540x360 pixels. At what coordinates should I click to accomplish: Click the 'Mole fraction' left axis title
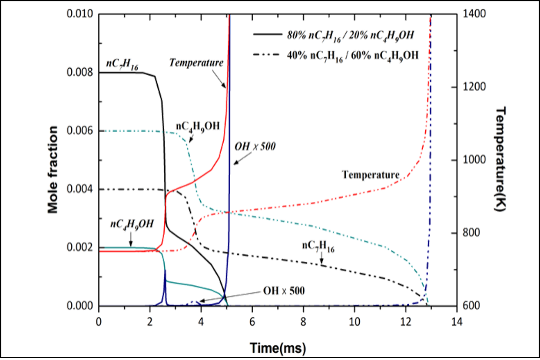53,169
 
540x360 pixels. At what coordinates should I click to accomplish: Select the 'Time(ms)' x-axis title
278,347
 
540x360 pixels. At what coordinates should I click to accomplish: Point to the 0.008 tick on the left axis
83,72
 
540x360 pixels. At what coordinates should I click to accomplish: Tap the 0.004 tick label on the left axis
83,189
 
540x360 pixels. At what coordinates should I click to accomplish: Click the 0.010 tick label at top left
83,14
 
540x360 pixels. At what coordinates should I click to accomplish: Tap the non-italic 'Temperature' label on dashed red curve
371,175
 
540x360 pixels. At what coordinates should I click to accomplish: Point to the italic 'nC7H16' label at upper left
120,63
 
